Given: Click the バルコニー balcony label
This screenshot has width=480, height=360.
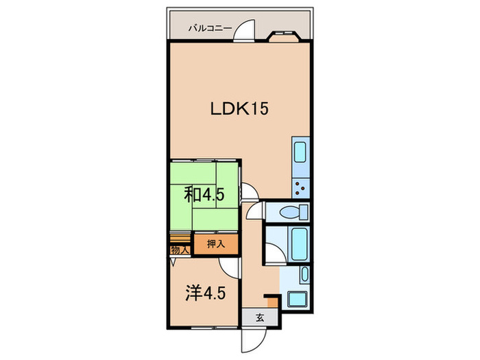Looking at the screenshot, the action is pos(210,29).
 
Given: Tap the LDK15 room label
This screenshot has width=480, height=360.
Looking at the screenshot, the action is pos(239,108).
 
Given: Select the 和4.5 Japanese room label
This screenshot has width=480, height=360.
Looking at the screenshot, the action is pos(204,195).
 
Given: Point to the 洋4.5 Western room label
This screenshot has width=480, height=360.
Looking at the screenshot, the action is pos(206,293).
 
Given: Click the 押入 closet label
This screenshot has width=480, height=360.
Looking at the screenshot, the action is pos(216,244).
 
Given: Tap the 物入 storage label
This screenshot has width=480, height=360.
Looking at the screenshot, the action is pos(180,250).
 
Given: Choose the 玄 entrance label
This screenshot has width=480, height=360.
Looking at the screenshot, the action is pos(260,318).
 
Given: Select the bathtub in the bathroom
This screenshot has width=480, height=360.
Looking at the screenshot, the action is pos(299,244).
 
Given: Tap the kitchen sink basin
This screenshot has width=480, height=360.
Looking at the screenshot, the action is pos(300,152).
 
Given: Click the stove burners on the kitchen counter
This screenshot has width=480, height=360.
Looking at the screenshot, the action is pos(300,189).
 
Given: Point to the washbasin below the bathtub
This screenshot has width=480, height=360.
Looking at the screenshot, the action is pos(304,274).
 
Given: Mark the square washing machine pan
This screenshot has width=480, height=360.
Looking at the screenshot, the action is pos(298,299).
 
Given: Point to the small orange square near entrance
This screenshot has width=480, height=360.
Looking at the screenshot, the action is pos(272,302).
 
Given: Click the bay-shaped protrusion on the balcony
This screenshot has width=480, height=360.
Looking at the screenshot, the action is pos(284,36).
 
